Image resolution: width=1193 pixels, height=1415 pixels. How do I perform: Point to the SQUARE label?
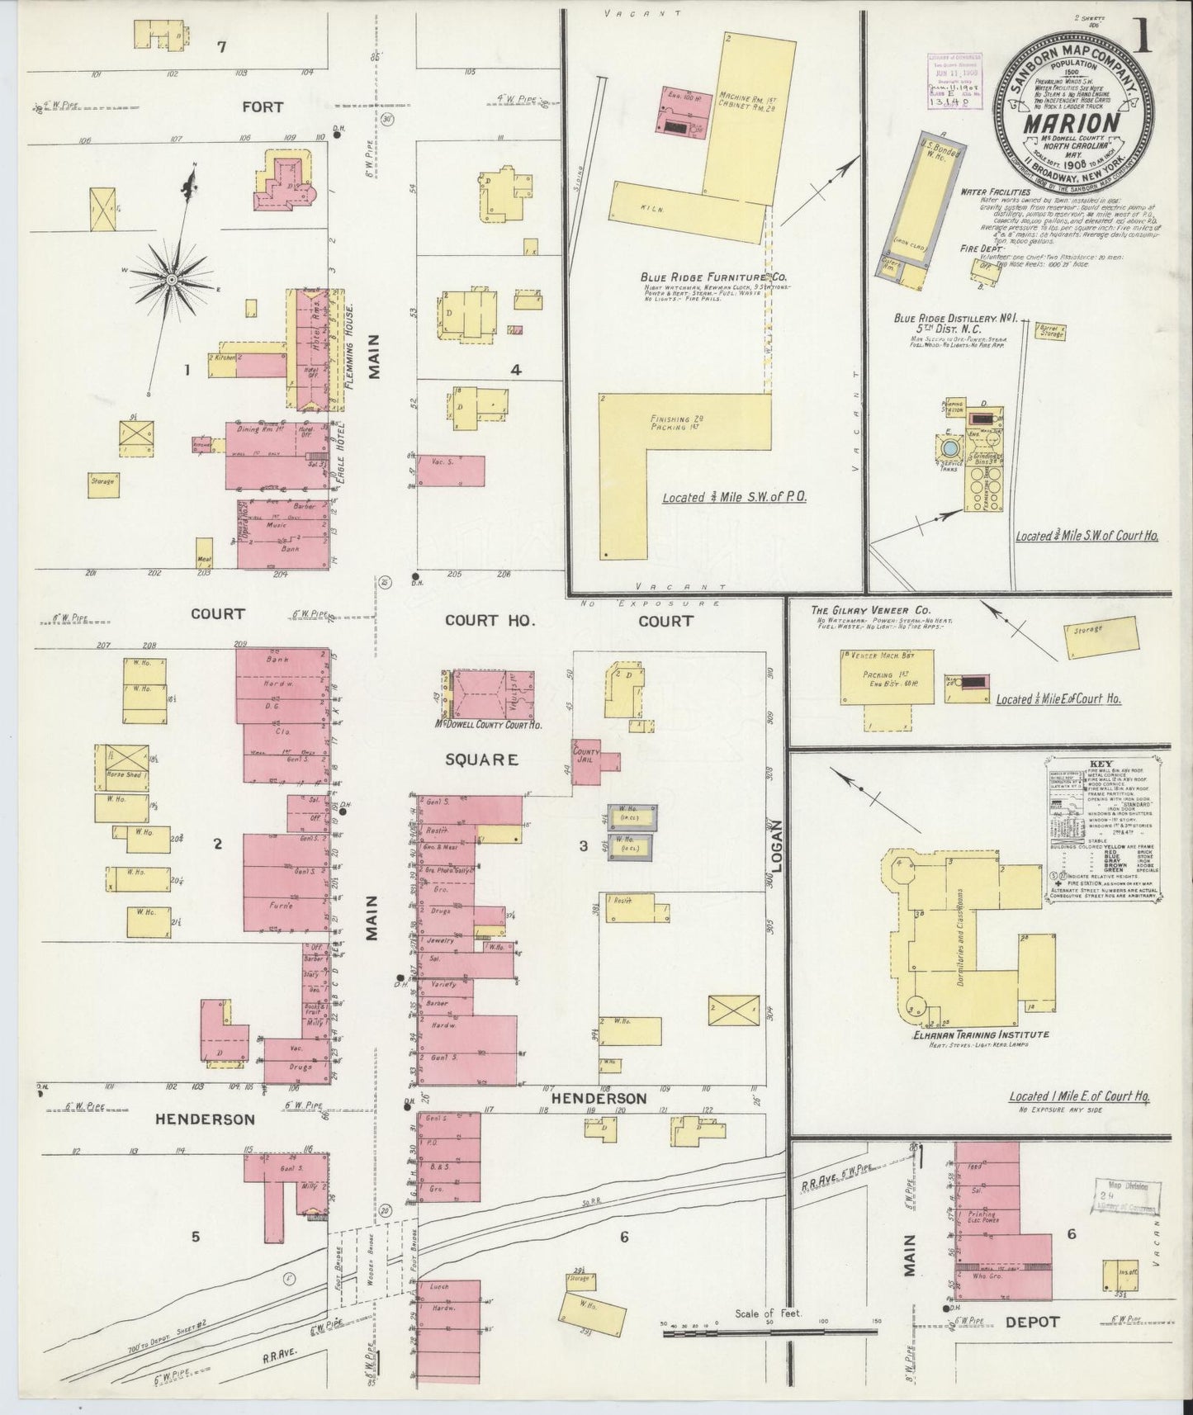[x=481, y=759]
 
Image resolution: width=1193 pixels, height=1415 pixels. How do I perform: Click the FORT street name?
[x=263, y=107]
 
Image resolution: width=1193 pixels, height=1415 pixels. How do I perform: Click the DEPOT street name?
[x=1031, y=1322]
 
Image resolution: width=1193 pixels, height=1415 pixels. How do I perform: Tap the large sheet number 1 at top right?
[x=1143, y=41]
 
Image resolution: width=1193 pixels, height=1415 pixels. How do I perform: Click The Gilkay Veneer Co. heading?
[x=861, y=608]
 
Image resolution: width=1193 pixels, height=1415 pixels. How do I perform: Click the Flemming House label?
[x=350, y=347]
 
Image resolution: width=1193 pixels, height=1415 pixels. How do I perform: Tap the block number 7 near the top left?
[x=220, y=47]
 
